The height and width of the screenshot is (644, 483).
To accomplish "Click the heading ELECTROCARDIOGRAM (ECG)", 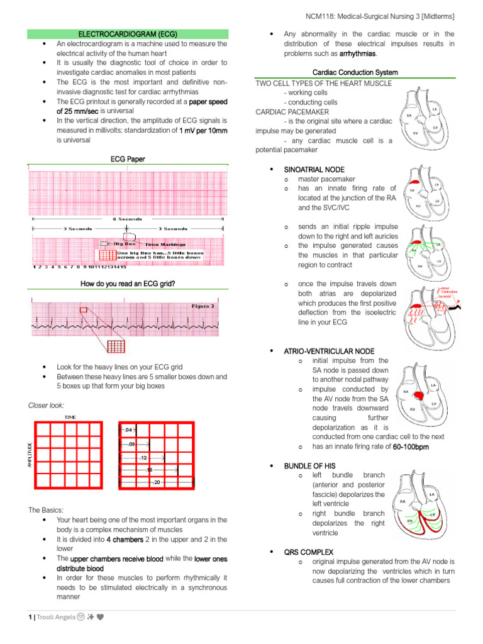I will tap(128, 33).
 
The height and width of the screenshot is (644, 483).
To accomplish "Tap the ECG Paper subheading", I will tap(128, 159).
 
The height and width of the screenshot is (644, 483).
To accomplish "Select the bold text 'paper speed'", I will tap(208, 101).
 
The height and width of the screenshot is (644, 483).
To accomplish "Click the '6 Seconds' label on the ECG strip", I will tap(127, 219).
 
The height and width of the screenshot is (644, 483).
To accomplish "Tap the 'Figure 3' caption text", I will tap(203, 306).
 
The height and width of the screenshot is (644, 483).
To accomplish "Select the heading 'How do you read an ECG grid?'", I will tap(128, 284).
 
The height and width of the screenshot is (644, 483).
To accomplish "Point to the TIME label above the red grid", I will tap(70, 417).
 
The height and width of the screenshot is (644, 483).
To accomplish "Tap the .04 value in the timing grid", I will tap(129, 430).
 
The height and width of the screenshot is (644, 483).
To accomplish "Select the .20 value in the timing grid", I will tap(157, 482).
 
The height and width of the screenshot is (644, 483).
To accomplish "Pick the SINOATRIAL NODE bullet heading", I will tap(314, 170).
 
